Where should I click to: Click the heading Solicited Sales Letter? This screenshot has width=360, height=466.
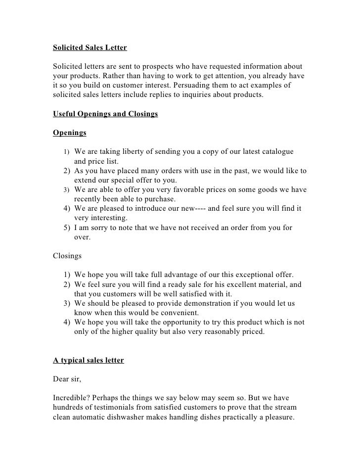[x=90, y=48]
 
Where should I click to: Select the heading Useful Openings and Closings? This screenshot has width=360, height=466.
[x=105, y=114]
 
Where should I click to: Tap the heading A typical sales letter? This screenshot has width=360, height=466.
[x=89, y=360]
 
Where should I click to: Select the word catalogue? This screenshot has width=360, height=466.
[x=274, y=151]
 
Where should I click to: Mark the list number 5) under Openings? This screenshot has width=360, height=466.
[x=67, y=228]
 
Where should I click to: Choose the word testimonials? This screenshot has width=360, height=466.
[x=123, y=407]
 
